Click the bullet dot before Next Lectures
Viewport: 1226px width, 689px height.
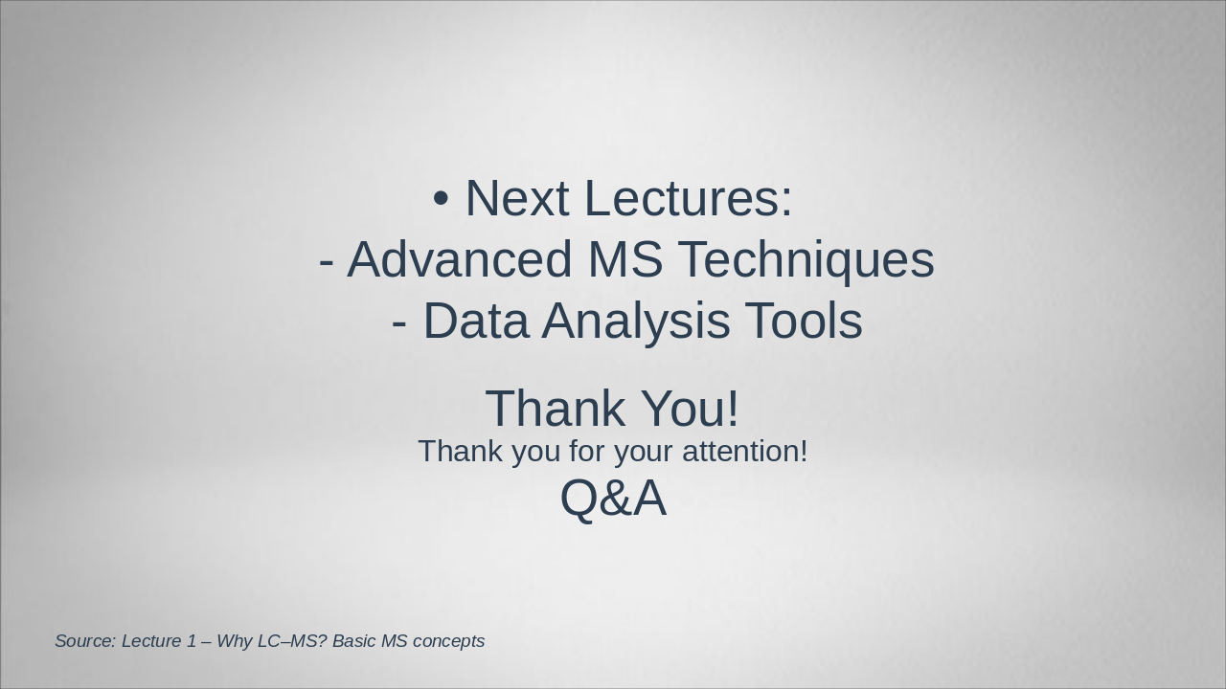pyautogui.click(x=442, y=199)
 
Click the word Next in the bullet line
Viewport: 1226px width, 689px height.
pyautogui.click(x=517, y=198)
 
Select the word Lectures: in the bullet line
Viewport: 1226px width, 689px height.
pyautogui.click(x=689, y=198)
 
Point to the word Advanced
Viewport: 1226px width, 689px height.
pyautogui.click(x=460, y=259)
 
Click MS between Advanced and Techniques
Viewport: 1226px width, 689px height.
pyautogui.click(x=625, y=259)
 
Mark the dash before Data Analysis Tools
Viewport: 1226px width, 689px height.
pyautogui.click(x=399, y=323)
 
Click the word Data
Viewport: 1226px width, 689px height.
pyautogui.click(x=476, y=321)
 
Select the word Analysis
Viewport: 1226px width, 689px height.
pyautogui.click(x=636, y=322)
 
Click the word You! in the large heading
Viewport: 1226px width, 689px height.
pyautogui.click(x=690, y=408)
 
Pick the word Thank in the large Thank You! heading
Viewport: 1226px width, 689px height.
pyautogui.click(x=555, y=408)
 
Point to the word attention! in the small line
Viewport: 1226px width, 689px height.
pyautogui.click(x=745, y=452)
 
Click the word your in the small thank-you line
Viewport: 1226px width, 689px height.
pyautogui.click(x=643, y=454)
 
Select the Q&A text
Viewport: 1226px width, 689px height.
pyautogui.click(x=614, y=499)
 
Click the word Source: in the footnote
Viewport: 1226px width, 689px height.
pyautogui.click(x=86, y=641)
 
